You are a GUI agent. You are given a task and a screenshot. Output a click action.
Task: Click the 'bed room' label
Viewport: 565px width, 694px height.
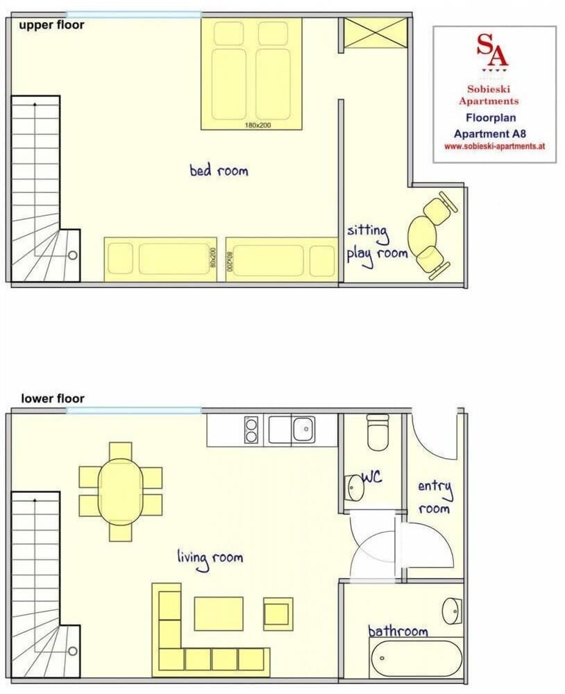pyautogui.click(x=219, y=170)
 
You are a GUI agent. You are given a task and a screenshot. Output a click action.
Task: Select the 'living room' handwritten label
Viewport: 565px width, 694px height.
pyautogui.click(x=210, y=558)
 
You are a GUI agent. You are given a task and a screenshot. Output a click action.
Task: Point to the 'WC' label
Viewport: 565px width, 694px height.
pyautogui.click(x=372, y=479)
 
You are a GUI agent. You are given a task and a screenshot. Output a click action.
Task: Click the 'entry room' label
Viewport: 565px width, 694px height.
pyautogui.click(x=435, y=497)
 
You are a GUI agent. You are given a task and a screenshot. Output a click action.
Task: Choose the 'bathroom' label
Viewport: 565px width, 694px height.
pyautogui.click(x=398, y=631)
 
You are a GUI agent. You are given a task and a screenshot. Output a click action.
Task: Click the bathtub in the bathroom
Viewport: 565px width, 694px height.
pyautogui.click(x=415, y=658)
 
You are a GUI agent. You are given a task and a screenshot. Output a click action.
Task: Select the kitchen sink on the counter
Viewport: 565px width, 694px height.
pyautogui.click(x=303, y=429)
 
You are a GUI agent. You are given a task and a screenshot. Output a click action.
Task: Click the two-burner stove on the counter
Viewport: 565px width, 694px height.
pyautogui.click(x=252, y=429)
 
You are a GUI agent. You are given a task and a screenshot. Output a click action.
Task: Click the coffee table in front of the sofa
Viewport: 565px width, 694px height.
pyautogui.click(x=219, y=613)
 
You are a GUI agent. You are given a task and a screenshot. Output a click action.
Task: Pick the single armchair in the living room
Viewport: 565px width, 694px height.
pyautogui.click(x=278, y=613)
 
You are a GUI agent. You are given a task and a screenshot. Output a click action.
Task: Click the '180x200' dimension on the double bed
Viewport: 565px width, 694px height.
pyautogui.click(x=257, y=126)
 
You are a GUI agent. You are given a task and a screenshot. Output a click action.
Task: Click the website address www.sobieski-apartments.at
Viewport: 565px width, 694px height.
pyautogui.click(x=494, y=147)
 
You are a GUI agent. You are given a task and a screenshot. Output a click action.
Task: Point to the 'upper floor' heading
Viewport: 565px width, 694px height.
pyautogui.click(x=51, y=25)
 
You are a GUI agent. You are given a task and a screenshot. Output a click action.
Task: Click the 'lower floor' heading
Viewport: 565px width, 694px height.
pyautogui.click(x=53, y=398)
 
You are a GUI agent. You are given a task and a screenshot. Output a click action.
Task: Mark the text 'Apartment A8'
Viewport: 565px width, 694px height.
pyautogui.click(x=494, y=134)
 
